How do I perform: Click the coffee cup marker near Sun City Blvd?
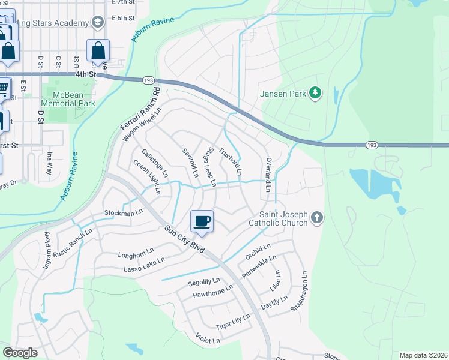pyautogui.click(x=202, y=221)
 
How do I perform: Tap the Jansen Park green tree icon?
pyautogui.click(x=315, y=93)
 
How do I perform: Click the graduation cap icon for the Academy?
pyautogui.click(x=97, y=23)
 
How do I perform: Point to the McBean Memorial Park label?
pyautogui.click(x=68, y=99)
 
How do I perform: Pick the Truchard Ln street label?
pyautogui.click(x=231, y=162)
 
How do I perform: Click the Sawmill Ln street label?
pyautogui.click(x=190, y=163)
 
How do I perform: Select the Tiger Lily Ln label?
pyautogui.click(x=233, y=322)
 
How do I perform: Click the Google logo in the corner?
pyautogui.click(x=20, y=352)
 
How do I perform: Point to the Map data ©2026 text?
pyautogui.click(x=423, y=355)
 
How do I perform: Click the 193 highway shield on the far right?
pyautogui.click(x=372, y=145)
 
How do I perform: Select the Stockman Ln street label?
pyautogui.click(x=123, y=212)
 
